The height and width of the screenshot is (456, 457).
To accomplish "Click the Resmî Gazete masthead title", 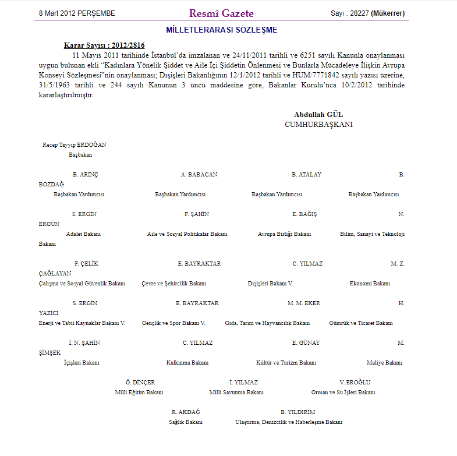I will (x=221, y=13).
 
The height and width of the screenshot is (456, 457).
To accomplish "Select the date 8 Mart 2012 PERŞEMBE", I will (x=77, y=13).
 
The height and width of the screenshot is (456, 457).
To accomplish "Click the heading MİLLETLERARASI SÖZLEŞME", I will (x=221, y=30).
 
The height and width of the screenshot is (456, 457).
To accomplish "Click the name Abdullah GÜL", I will (x=318, y=115).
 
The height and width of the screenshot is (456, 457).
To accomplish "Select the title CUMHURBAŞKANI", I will (x=318, y=125).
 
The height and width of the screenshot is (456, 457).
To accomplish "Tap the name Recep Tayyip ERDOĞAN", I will (x=75, y=144).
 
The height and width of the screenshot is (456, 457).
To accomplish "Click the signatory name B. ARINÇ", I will (x=85, y=175).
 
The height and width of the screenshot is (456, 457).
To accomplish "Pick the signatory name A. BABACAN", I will (x=199, y=175).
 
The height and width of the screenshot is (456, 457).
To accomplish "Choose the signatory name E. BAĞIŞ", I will (x=304, y=214).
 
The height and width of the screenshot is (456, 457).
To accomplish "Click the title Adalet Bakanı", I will (x=83, y=234).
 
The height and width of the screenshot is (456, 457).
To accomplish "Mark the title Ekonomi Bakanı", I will (x=370, y=284).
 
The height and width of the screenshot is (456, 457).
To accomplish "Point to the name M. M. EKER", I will (x=304, y=303).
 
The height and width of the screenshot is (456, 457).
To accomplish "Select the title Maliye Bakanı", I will (x=384, y=363).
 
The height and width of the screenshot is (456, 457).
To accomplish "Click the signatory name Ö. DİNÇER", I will (x=140, y=383).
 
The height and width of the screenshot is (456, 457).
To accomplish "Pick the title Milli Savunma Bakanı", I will (x=236, y=393).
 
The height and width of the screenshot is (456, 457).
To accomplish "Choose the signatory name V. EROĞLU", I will (x=355, y=383).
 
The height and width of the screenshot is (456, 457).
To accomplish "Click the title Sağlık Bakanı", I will (x=186, y=422).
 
